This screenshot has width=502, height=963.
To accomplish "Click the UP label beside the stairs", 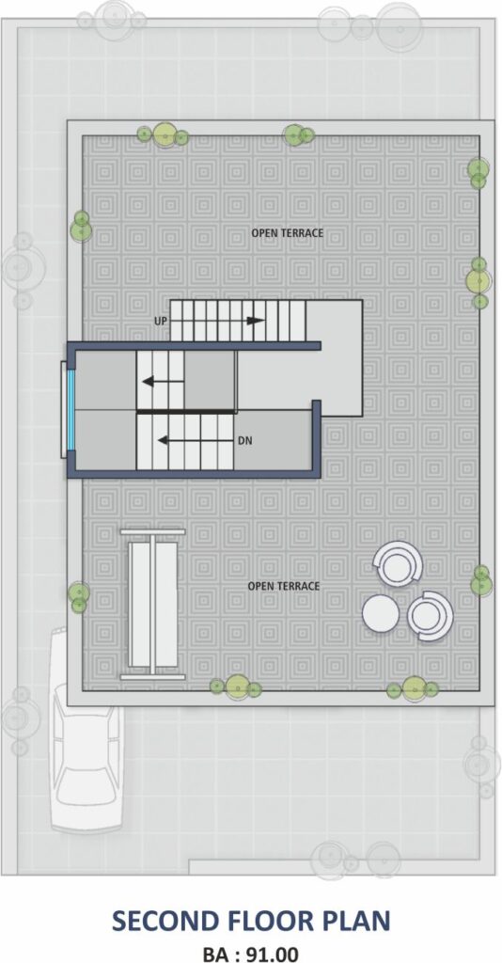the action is [161, 322].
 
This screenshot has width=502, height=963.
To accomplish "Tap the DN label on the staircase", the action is [245, 440].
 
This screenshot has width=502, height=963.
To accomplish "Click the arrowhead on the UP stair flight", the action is [256, 321].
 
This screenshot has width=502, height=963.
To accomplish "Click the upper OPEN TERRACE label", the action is [288, 233].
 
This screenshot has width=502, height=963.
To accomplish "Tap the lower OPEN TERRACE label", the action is [284, 586].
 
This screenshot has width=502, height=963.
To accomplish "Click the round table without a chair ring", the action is [381, 613].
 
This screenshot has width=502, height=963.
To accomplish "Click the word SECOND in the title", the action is [165, 922].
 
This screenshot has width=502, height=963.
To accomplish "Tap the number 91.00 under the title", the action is [273, 954].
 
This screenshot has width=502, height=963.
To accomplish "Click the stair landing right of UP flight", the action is [335, 357].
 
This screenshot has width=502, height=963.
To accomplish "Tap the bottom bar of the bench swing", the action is [152, 677].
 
